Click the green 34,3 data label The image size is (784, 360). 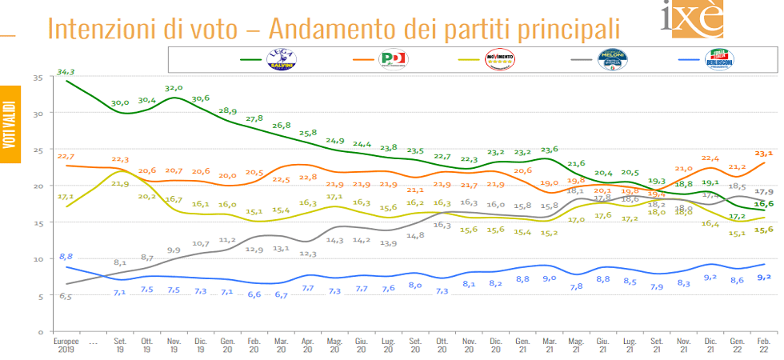pyautogui.click(x=66, y=73)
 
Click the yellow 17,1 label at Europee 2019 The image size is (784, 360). pyautogui.click(x=66, y=196)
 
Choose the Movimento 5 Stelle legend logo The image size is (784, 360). pyautogui.click(x=501, y=59)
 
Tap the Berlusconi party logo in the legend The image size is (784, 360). pyautogui.click(x=719, y=59)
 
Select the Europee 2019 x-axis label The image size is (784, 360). pyautogui.click(x=66, y=344)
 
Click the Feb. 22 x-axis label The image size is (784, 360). pyautogui.click(x=763, y=344)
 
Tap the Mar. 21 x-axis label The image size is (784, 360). pyautogui.click(x=547, y=344)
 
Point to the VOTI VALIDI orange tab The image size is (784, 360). pyautogui.click(x=9, y=125)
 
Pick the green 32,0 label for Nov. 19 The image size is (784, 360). pyautogui.click(x=174, y=88)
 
